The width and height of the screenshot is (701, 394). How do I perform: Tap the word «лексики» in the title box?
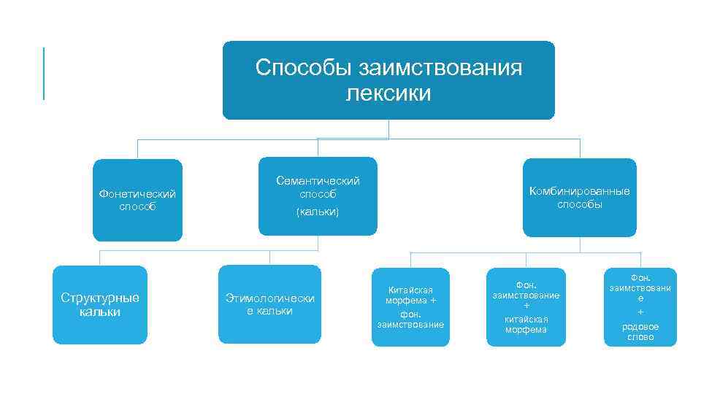388,94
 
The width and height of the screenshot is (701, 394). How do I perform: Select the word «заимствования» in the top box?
439,69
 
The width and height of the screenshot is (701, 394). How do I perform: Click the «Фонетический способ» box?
137,200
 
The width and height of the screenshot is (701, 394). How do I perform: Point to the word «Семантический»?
318,180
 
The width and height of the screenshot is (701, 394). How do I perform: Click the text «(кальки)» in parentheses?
318,212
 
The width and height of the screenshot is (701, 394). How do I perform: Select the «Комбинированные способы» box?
579,197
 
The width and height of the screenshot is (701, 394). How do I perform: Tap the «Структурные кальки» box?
100,304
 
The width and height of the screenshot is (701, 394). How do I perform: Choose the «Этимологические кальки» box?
269,304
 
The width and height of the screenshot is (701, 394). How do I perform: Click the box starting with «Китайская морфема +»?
410,306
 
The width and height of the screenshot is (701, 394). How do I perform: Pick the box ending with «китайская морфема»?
526,306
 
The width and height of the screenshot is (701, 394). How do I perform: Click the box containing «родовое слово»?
640,306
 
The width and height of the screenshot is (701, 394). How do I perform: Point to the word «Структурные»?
100,298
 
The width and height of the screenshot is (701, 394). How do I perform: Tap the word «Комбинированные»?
580,191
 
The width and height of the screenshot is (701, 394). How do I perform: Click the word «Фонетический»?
137,194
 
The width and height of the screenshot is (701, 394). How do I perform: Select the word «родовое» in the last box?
640,326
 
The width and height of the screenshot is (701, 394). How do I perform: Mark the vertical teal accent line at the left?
44,73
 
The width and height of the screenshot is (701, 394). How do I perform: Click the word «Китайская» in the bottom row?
410,290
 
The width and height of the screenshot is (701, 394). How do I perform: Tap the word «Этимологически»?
269,298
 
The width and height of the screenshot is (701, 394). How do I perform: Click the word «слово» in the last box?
640,337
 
